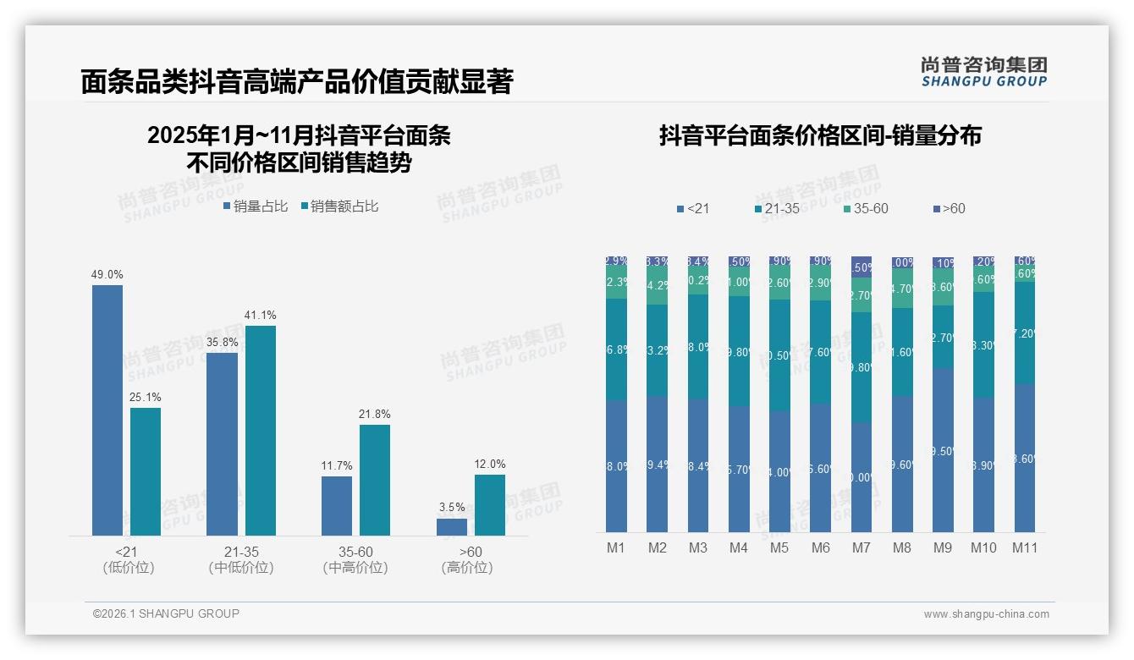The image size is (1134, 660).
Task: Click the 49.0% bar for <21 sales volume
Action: pyautogui.click(x=107, y=410)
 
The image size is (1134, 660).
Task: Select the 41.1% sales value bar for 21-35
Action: pyautogui.click(x=260, y=430)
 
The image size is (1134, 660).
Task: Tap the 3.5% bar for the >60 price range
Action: pyautogui.click(x=452, y=526)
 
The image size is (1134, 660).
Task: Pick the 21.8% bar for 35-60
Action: pyautogui.click(x=375, y=479)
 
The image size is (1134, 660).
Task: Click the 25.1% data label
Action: pyautogui.click(x=145, y=397)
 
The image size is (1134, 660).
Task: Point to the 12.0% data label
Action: pyautogui.click(x=489, y=464)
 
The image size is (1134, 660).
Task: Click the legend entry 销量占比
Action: pyautogui.click(x=256, y=206)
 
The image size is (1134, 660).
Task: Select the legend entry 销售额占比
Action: pyautogui.click(x=339, y=206)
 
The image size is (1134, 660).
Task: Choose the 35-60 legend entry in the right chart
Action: pyautogui.click(x=865, y=208)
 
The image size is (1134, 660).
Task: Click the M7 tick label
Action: pyautogui.click(x=861, y=547)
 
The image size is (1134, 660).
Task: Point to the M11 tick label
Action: pyautogui.click(x=1024, y=547)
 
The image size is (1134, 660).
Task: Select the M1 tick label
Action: pyautogui.click(x=616, y=547)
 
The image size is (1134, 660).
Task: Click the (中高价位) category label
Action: pyautogui.click(x=355, y=568)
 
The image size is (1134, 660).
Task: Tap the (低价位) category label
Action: pyautogui.click(x=128, y=568)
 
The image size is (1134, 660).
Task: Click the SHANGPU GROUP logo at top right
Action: pyautogui.click(x=983, y=72)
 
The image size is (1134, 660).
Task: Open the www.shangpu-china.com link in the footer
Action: pyautogui.click(x=986, y=614)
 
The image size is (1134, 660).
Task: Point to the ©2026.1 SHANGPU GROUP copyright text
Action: pyautogui.click(x=166, y=613)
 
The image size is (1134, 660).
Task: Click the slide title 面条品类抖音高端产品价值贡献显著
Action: pyautogui.click(x=296, y=81)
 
